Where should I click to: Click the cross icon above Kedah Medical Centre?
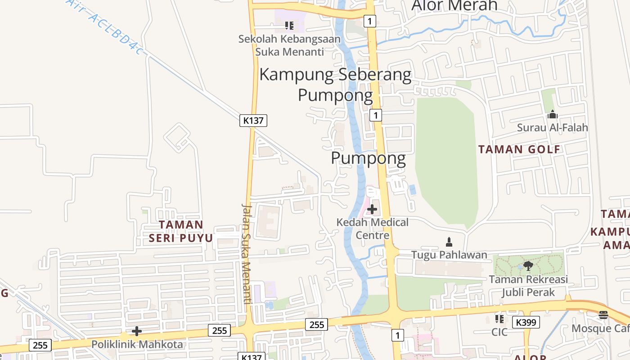[372, 209]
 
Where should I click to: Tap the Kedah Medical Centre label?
[373, 229]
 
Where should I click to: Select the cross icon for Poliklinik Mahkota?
[137, 332]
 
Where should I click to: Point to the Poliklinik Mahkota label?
[137, 345]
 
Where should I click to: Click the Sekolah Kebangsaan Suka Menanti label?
[289, 45]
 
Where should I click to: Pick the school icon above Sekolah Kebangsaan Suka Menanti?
[289, 26]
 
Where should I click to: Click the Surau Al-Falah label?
[552, 127]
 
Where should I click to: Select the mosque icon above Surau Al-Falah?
[552, 115]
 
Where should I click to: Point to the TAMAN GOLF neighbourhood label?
[519, 149]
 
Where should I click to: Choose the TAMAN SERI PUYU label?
[181, 231]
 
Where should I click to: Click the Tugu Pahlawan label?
[449, 255]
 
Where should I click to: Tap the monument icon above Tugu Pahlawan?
[449, 242]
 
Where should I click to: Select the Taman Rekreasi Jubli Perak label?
[528, 286]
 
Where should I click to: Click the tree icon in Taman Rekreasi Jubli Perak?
[528, 265]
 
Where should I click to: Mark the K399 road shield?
[526, 322]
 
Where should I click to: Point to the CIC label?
[499, 332]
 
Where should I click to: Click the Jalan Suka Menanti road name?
[246, 254]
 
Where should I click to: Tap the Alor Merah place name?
[454, 5]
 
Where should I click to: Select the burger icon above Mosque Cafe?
[603, 315]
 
